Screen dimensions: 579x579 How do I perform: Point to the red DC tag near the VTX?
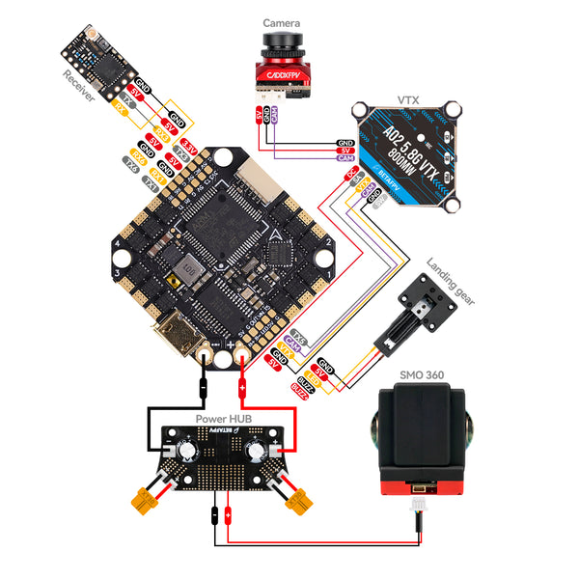tap(351, 174)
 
